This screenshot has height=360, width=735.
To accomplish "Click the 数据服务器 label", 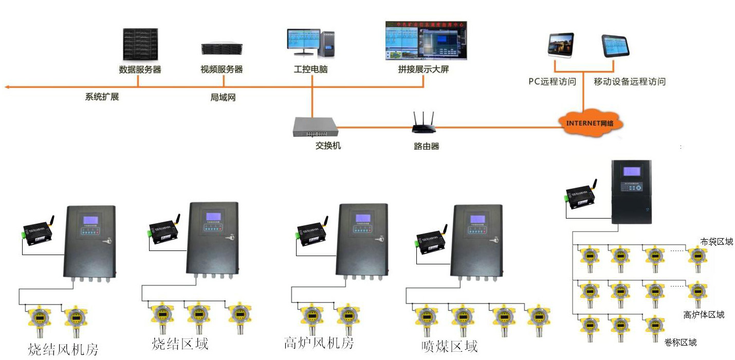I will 140,69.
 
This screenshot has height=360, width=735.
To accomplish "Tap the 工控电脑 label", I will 310,69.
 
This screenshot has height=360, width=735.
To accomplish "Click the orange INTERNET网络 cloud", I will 591,123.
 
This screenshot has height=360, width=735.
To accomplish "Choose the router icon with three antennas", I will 424,123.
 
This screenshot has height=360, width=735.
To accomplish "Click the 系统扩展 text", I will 102,96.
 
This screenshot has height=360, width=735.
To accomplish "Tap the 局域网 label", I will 223,97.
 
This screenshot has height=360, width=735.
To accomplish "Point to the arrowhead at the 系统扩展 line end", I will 7,87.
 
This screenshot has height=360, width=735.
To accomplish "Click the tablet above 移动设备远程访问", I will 615,46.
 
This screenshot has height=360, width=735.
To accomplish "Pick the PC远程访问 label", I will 552,82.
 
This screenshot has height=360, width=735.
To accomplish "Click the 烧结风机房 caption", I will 63,350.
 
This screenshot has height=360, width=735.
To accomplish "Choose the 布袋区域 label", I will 716,242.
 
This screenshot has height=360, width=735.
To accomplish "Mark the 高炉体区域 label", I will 704,315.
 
